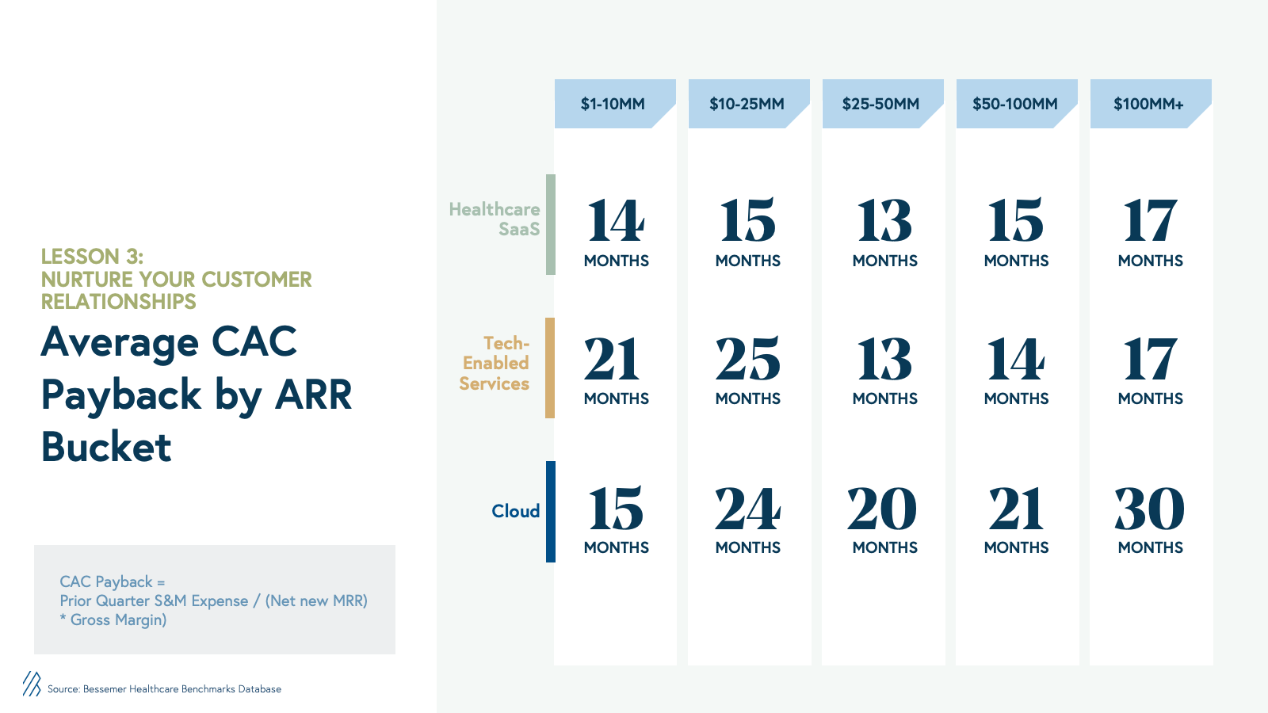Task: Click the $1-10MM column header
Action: (x=615, y=104)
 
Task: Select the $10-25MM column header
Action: (x=748, y=104)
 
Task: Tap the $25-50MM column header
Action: (x=883, y=104)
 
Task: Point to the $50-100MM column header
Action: (x=1017, y=104)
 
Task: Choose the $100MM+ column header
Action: (x=1150, y=104)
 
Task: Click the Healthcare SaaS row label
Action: (x=495, y=219)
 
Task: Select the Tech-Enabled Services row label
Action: (x=495, y=364)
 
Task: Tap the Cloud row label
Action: (x=516, y=511)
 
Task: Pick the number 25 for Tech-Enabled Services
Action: (x=748, y=359)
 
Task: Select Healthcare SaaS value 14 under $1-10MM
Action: (x=615, y=220)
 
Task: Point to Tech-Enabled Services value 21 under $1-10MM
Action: (x=612, y=359)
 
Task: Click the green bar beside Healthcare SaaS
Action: (x=550, y=225)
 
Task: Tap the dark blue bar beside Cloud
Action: (x=550, y=512)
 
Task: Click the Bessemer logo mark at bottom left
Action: (x=32, y=684)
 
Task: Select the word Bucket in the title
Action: (x=106, y=447)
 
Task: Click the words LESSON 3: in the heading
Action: (x=92, y=257)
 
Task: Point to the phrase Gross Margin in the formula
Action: (x=118, y=620)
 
